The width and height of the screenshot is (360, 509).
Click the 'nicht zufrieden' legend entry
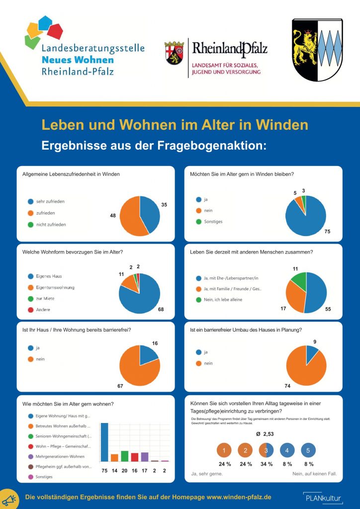click(x=51, y=224)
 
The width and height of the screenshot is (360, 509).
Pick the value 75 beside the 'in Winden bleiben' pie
click(x=327, y=232)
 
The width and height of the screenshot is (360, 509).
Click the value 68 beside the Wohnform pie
click(x=161, y=310)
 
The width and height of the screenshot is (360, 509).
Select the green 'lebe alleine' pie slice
click(x=299, y=281)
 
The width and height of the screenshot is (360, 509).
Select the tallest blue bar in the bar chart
click(x=104, y=442)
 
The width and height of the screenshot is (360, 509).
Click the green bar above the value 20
click(x=124, y=456)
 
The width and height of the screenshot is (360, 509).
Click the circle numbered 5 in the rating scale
click(x=308, y=450)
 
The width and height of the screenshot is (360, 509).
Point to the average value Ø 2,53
click(x=266, y=434)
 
